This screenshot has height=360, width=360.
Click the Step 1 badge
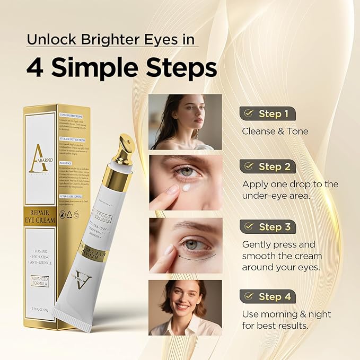pyautogui.click(x=267, y=113)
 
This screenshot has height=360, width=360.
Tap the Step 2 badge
pyautogui.click(x=267, y=166)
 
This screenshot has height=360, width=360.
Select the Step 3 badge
pyautogui.click(x=267, y=227)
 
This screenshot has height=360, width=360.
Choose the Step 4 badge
pyautogui.click(x=267, y=297)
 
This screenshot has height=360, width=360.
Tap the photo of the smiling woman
pyautogui.click(x=185, y=308)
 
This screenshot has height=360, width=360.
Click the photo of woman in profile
pyautogui.click(x=185, y=122)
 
